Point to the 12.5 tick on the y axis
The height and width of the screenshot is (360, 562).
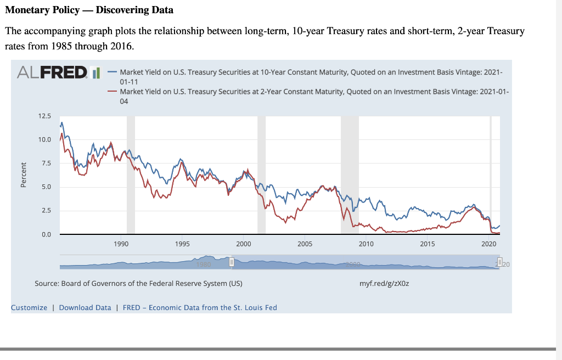click(44, 116)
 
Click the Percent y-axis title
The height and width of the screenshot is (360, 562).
click(23, 175)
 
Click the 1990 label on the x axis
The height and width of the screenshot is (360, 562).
click(121, 243)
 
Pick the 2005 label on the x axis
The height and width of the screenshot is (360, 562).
click(305, 243)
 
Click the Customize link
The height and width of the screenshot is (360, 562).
click(29, 307)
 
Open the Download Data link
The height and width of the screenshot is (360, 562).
click(85, 307)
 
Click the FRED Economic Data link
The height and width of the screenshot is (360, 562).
click(200, 307)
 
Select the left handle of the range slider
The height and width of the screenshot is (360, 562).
click(232, 262)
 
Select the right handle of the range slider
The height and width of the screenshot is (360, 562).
click(499, 262)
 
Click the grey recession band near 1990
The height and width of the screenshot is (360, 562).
click(131, 176)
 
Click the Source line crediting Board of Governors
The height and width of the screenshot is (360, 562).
click(138, 284)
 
